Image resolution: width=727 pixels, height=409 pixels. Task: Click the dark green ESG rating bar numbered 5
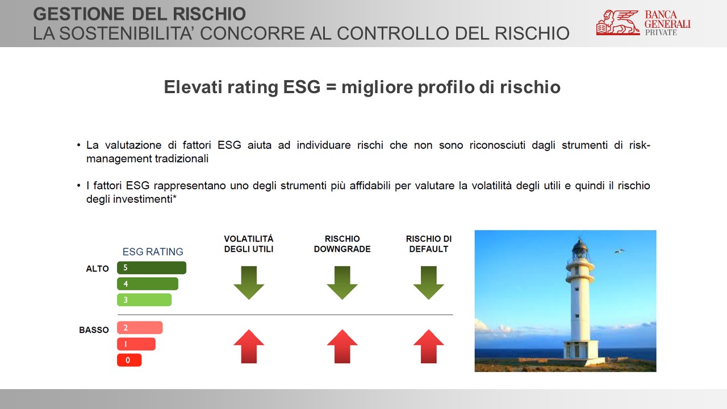click(x=152, y=268)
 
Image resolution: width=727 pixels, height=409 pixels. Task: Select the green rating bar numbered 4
click(x=148, y=283)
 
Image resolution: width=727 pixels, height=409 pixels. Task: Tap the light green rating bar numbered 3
click(x=144, y=299)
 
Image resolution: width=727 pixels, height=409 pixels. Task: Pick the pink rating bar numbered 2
click(x=140, y=328)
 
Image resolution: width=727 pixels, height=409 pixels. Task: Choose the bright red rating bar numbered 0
click(x=129, y=360)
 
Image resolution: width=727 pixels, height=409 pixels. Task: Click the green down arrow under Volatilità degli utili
click(x=249, y=283)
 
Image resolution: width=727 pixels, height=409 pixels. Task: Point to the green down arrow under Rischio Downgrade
click(x=342, y=283)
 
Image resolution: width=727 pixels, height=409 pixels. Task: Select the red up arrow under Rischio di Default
click(x=428, y=347)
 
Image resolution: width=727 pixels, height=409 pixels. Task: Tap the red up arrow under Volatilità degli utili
click(x=249, y=347)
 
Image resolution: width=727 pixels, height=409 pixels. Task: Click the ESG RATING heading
click(x=153, y=252)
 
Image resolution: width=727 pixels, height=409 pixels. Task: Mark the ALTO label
click(x=97, y=269)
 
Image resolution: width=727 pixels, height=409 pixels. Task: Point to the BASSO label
click(x=94, y=330)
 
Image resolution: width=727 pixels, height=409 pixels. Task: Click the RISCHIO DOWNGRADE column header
click(x=342, y=244)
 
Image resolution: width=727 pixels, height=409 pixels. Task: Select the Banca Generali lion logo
click(x=618, y=22)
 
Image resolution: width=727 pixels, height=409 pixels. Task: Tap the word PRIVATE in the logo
click(x=661, y=32)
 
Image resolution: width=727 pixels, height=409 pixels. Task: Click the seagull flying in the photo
click(x=619, y=251)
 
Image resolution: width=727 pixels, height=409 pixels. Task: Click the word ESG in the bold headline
click(x=302, y=87)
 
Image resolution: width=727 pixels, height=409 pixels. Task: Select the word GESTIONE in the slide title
click(x=78, y=14)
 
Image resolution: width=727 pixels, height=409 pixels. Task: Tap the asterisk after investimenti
click(x=174, y=197)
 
